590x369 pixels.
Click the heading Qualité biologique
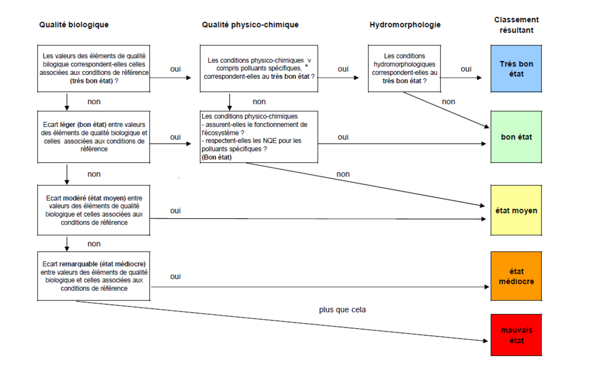[74, 25]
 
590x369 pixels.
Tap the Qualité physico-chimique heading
[250, 25]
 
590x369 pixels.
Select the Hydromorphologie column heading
[405, 25]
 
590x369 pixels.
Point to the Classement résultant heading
[516, 25]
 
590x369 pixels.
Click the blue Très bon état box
[516, 69]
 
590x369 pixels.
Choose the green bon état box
[516, 137]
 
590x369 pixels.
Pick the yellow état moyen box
[516, 210]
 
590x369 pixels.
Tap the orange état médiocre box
[516, 276]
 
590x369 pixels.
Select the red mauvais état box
[516, 335]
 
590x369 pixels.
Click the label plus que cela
[342, 310]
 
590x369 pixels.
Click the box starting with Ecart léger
[94, 137]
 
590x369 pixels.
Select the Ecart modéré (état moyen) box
[94, 210]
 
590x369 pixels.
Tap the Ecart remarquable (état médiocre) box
[94, 276]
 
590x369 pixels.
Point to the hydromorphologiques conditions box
[404, 69]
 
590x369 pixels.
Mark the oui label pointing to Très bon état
[466, 69]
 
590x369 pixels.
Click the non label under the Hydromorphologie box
[448, 102]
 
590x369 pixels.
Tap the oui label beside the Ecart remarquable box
[176, 276]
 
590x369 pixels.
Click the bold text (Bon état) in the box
[217, 157]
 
